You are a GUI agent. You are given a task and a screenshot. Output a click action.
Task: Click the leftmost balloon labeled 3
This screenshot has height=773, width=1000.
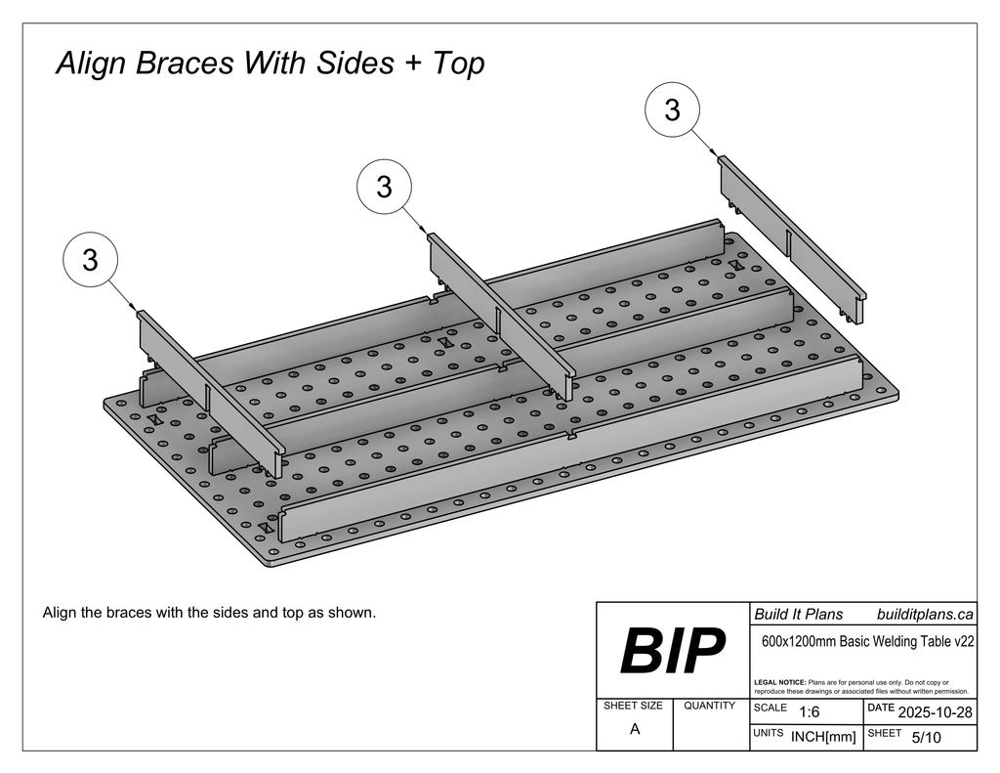click(x=90, y=261)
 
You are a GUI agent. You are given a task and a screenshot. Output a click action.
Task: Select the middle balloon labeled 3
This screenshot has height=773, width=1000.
click(x=384, y=187)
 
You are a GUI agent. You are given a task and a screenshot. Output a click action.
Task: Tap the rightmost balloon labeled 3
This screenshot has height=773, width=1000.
click(x=672, y=110)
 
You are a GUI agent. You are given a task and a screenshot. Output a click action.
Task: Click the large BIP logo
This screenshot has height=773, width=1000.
click(x=673, y=652)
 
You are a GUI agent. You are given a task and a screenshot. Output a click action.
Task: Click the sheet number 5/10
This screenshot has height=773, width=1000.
click(x=926, y=738)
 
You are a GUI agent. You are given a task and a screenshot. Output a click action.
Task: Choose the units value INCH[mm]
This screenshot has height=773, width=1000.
click(x=823, y=738)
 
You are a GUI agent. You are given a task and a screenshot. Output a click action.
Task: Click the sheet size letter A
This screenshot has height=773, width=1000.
click(x=635, y=729)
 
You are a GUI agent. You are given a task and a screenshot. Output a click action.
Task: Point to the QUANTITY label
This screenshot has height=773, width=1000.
click(x=710, y=706)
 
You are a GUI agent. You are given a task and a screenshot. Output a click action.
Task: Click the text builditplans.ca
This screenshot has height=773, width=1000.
click(x=925, y=615)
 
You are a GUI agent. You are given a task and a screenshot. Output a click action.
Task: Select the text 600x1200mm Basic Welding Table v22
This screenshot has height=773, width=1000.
click(x=867, y=642)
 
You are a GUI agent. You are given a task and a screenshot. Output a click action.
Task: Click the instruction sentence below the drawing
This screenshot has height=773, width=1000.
click(x=209, y=613)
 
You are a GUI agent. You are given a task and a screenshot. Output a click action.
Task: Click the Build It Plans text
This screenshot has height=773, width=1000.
click(x=798, y=615)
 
